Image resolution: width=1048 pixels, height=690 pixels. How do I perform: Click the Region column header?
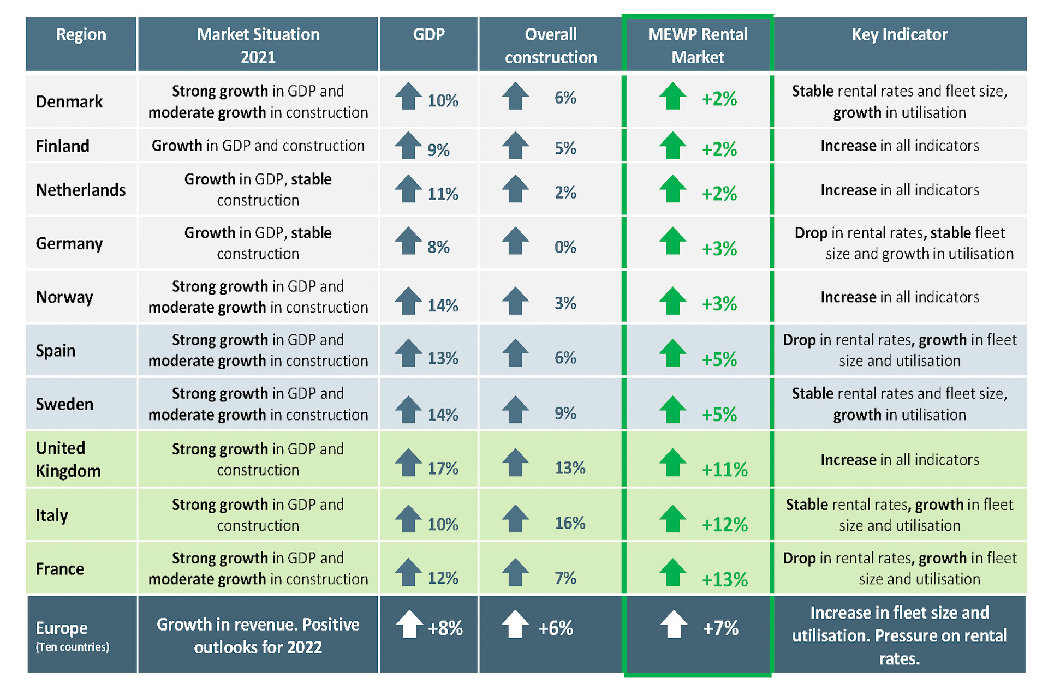(81, 35)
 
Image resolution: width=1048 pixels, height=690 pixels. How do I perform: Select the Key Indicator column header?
(899, 35)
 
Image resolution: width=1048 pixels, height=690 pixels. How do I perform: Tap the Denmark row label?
(69, 102)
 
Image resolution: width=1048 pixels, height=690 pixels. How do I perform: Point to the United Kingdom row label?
(68, 459)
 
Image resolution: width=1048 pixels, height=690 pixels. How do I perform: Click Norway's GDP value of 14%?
(442, 305)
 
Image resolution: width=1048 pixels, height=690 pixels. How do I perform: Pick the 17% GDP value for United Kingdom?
(442, 469)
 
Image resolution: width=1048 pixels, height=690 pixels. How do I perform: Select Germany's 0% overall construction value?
(565, 248)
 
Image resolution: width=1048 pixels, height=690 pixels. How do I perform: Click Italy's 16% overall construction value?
(569, 524)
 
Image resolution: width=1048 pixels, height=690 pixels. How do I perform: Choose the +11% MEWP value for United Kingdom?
(724, 470)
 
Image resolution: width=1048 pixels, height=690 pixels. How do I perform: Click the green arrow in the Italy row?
(672, 519)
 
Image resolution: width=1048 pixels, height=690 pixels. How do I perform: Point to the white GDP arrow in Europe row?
(409, 625)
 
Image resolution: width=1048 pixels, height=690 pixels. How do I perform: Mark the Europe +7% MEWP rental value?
(720, 629)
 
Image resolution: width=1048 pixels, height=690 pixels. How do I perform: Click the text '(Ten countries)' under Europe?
(72, 647)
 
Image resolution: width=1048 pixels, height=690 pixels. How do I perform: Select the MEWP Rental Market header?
(698, 46)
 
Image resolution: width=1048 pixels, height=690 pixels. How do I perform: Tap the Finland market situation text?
(258, 146)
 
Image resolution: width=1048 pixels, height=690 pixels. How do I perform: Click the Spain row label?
(56, 351)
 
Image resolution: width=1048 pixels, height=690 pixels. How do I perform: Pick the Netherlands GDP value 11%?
(442, 194)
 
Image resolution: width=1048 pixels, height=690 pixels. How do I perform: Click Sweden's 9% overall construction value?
(565, 413)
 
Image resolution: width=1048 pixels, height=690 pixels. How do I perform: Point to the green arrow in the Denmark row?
(672, 97)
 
